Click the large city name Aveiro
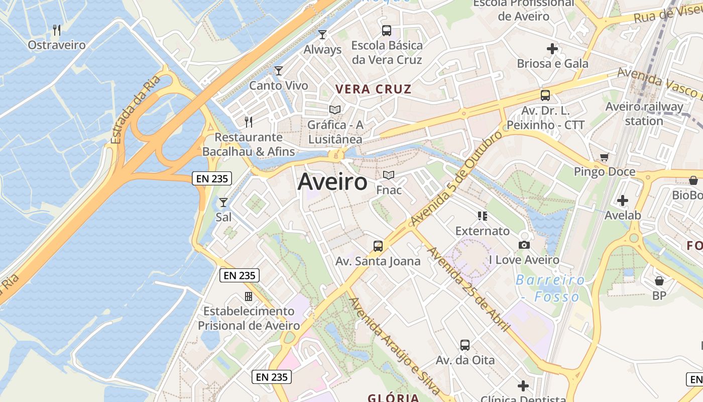(x=332, y=182)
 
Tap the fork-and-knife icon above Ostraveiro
(x=57, y=30)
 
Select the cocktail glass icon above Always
(x=322, y=35)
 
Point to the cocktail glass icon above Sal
(x=223, y=203)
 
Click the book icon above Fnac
(x=389, y=175)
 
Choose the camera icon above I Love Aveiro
(x=524, y=245)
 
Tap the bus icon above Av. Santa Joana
(x=378, y=246)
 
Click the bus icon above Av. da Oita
(x=465, y=345)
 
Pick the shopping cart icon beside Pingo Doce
(x=605, y=157)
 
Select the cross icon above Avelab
(x=623, y=200)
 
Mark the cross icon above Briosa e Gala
(x=552, y=49)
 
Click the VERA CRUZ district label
(x=373, y=89)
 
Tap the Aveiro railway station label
(x=644, y=114)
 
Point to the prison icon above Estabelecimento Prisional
(x=248, y=296)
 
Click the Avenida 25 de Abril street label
(x=468, y=288)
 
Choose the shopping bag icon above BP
(x=659, y=281)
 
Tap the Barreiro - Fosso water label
(x=550, y=288)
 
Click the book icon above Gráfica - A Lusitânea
(x=335, y=110)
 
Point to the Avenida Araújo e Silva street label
(x=395, y=347)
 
